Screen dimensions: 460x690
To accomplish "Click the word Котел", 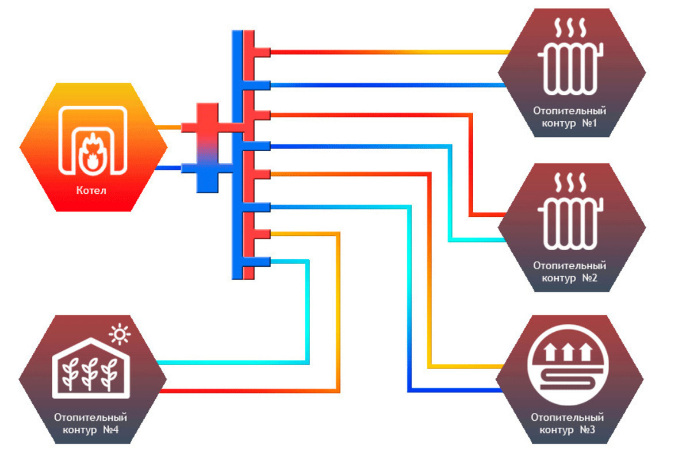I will click(x=91, y=190).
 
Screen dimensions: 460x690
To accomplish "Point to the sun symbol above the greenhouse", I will click(x=120, y=333).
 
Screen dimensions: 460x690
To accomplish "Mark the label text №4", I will click(x=113, y=430).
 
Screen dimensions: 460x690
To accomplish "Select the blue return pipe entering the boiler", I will click(x=169, y=168).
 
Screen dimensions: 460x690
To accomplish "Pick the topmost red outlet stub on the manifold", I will click(x=262, y=52).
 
